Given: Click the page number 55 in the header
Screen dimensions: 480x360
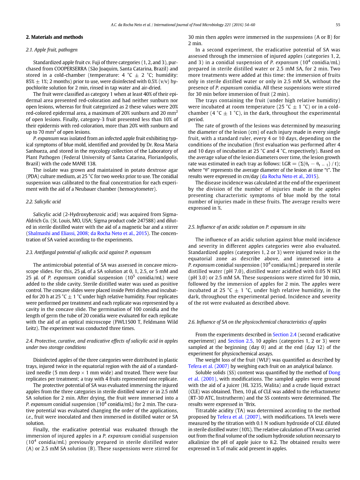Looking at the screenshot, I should [x=338, y=25].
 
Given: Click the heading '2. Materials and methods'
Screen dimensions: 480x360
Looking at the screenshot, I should [x=54, y=37].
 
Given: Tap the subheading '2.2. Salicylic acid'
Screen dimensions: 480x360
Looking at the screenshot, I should [x=43, y=201].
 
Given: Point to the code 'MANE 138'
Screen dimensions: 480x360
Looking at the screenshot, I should [x=64, y=164].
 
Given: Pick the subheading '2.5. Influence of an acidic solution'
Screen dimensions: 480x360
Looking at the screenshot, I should [x=246, y=227].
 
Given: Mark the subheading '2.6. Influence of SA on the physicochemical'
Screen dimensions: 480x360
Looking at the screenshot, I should [x=257, y=322].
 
